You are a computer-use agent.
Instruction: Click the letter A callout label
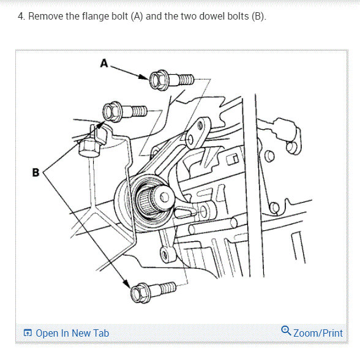(104, 63)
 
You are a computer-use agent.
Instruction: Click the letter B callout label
(36, 173)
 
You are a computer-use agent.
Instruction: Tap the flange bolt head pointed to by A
(159, 80)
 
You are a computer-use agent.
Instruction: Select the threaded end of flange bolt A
(187, 79)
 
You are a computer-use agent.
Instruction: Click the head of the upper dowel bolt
(112, 112)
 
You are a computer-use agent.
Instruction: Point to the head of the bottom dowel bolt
(140, 293)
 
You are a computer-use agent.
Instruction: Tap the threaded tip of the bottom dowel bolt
(168, 288)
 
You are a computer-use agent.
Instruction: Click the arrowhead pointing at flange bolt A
(143, 77)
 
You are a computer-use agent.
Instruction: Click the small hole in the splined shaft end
(165, 197)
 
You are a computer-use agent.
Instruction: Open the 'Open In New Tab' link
(72, 333)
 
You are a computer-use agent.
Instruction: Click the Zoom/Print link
(318, 333)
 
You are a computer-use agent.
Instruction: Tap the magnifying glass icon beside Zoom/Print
(286, 331)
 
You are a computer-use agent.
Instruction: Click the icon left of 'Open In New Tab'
(28, 333)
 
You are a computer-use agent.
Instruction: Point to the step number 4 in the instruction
(21, 17)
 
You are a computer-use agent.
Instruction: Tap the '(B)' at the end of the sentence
(258, 17)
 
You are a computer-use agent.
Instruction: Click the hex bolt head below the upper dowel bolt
(89, 148)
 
